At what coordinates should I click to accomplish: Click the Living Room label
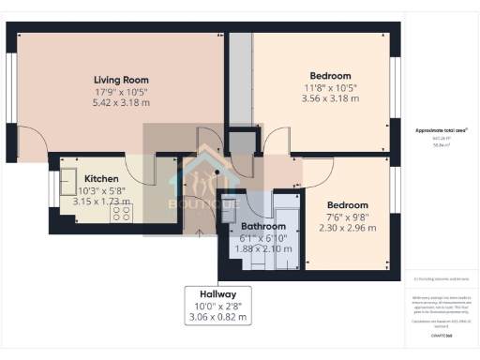tap(121, 80)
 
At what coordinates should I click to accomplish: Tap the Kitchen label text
tap(101, 178)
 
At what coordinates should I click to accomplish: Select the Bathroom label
tap(262, 227)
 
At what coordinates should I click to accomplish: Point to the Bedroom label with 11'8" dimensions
tap(330, 76)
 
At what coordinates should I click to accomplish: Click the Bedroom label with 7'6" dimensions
tap(347, 204)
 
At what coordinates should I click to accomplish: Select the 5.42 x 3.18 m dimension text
tap(121, 102)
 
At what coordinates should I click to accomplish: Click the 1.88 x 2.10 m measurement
tap(262, 249)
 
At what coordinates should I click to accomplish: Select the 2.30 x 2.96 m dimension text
tap(347, 227)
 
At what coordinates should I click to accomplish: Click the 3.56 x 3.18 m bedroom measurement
tap(330, 98)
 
